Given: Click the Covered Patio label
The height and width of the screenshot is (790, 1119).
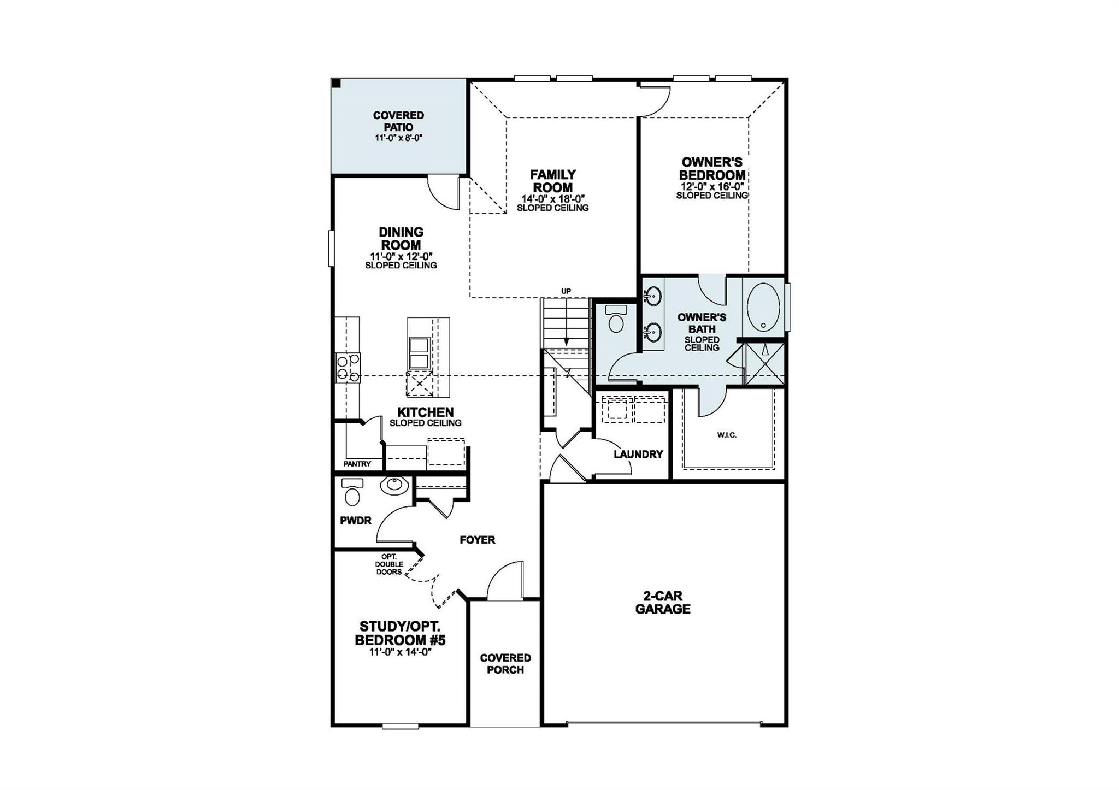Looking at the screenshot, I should point(398,121).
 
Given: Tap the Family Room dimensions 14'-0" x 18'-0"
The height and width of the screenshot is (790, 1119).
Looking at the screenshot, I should point(553,198).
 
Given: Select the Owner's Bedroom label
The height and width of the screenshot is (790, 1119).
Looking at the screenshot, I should point(712,168).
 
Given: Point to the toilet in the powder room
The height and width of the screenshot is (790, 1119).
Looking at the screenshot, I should point(352,493).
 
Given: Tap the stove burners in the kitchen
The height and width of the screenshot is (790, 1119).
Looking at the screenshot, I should point(348,368).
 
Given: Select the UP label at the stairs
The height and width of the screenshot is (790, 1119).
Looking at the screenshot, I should point(566,291).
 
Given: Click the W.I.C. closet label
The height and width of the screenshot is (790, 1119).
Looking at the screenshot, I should point(727,435).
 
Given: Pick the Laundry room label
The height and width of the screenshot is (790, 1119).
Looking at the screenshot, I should point(638,454).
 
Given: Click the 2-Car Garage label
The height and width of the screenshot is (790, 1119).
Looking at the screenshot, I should point(663,603).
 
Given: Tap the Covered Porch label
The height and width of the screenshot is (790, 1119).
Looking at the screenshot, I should point(505,663).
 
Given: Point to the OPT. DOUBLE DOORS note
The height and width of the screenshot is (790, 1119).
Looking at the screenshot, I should point(389,564).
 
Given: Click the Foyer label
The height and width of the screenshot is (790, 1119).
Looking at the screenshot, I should point(477,540).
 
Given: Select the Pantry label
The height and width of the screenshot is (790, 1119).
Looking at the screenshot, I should point(357,464).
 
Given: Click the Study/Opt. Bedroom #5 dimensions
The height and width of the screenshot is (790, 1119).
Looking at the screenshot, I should point(401,652).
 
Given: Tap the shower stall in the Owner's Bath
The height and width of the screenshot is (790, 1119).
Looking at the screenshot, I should point(765,362).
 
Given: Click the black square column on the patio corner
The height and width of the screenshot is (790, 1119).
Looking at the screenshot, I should point(337,84).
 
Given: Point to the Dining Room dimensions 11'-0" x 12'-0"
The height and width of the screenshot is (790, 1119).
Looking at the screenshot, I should point(401,256).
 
